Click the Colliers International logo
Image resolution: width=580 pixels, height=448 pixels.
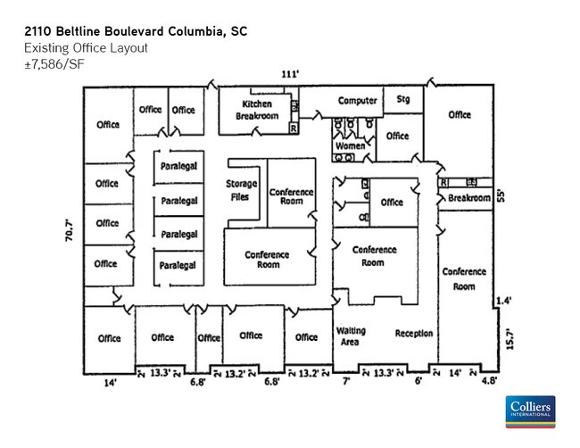coord(530,412)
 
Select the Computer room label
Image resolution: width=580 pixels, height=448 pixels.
coord(358,100)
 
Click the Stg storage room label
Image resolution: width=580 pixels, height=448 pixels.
coord(403,99)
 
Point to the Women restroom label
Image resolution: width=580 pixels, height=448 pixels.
coord(349,145)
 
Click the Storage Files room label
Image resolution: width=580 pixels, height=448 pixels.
coord(241,190)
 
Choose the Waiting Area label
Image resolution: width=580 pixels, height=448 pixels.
coord(351,336)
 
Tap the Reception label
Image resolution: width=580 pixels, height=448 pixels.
coord(414,334)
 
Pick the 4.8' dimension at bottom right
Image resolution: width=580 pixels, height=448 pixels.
coord(489,381)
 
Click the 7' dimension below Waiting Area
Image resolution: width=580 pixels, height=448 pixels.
coord(346,381)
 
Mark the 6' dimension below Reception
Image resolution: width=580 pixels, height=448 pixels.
coord(418,381)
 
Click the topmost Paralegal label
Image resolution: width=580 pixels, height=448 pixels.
coord(178,167)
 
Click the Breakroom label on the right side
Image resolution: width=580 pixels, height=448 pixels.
coord(469,198)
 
